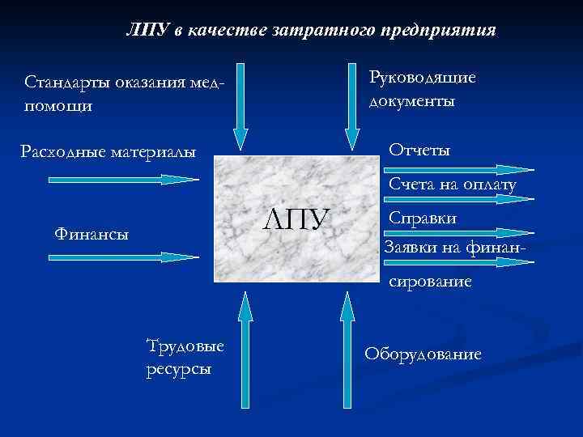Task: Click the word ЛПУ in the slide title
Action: click(x=147, y=31)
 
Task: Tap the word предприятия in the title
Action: click(x=441, y=31)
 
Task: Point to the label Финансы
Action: click(x=91, y=234)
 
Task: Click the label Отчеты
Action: click(x=419, y=151)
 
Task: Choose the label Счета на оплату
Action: click(x=453, y=185)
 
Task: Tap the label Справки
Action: click(x=423, y=218)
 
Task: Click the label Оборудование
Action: click(x=423, y=354)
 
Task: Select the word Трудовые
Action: click(x=185, y=346)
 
